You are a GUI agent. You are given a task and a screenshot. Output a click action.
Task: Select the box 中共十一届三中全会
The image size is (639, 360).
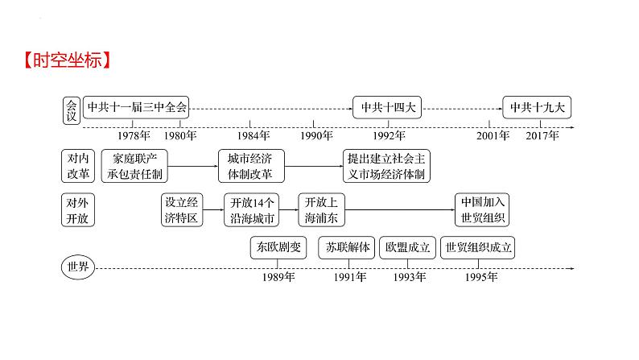pyautogui.click(x=136, y=106)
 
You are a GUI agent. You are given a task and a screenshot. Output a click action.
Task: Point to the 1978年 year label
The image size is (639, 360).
pyautogui.click(x=146, y=135)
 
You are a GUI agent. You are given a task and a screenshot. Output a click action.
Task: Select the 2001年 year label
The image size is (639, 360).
pyautogui.click(x=493, y=135)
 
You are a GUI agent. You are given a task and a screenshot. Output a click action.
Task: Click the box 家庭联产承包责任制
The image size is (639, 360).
pyautogui.click(x=138, y=166)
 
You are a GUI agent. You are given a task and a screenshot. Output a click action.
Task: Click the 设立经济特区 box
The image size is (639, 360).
pyautogui.click(x=182, y=210)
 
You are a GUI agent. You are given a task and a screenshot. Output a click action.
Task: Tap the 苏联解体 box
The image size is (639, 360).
pyautogui.click(x=346, y=248)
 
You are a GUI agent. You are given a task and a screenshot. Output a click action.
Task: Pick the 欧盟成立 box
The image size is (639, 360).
pyautogui.click(x=408, y=248)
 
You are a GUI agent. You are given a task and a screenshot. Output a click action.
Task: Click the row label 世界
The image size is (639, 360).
pyautogui.click(x=79, y=266)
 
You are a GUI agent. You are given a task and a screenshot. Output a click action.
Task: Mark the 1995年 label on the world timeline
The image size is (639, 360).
pyautogui.click(x=481, y=277)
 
